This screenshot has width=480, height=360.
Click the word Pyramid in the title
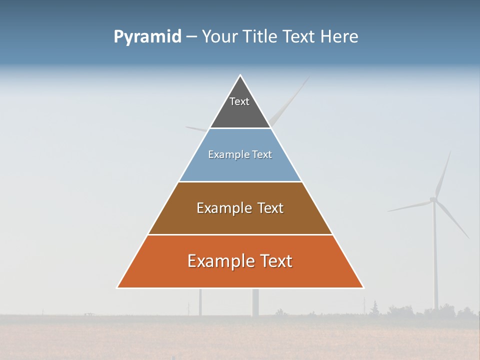(147, 37)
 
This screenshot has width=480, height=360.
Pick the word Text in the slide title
(300, 37)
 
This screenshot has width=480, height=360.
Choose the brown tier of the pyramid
(240, 220)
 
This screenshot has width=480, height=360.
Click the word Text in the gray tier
(239, 101)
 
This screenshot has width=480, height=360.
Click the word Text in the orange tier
(275, 261)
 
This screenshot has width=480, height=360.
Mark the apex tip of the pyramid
(240, 75)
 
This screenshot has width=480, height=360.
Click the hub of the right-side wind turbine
(433, 200)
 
